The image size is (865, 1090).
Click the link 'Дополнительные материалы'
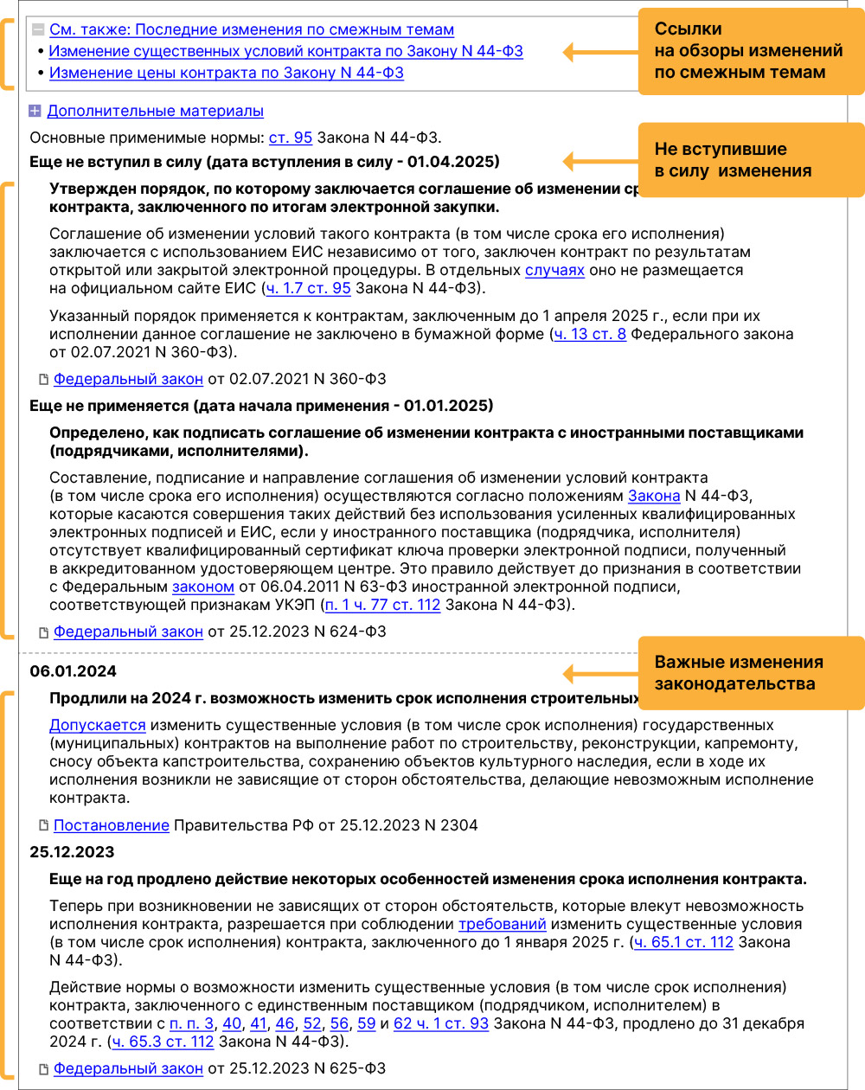155,112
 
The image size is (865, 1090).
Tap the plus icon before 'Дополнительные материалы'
35,112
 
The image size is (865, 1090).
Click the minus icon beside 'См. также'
38,30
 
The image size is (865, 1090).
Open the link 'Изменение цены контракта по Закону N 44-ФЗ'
226,74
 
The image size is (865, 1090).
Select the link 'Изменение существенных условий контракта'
285,52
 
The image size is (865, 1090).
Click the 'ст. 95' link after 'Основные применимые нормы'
291,138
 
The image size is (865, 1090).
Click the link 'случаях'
554,271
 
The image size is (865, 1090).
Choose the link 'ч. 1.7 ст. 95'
308,289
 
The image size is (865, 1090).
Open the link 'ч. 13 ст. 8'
590,334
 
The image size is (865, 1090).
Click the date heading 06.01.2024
73,671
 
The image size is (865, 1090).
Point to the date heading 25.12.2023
72,852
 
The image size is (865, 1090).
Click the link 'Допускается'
97,726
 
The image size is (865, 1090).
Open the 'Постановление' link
111,825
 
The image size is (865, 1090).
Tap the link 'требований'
502,925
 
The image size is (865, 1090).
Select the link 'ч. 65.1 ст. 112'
683,943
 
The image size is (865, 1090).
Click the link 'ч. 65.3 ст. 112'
163,1042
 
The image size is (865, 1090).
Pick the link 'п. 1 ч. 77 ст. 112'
382,606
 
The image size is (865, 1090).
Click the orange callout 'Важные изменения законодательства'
750,673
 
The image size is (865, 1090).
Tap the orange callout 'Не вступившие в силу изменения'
750,160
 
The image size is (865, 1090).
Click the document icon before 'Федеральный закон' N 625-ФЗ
43,1069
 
